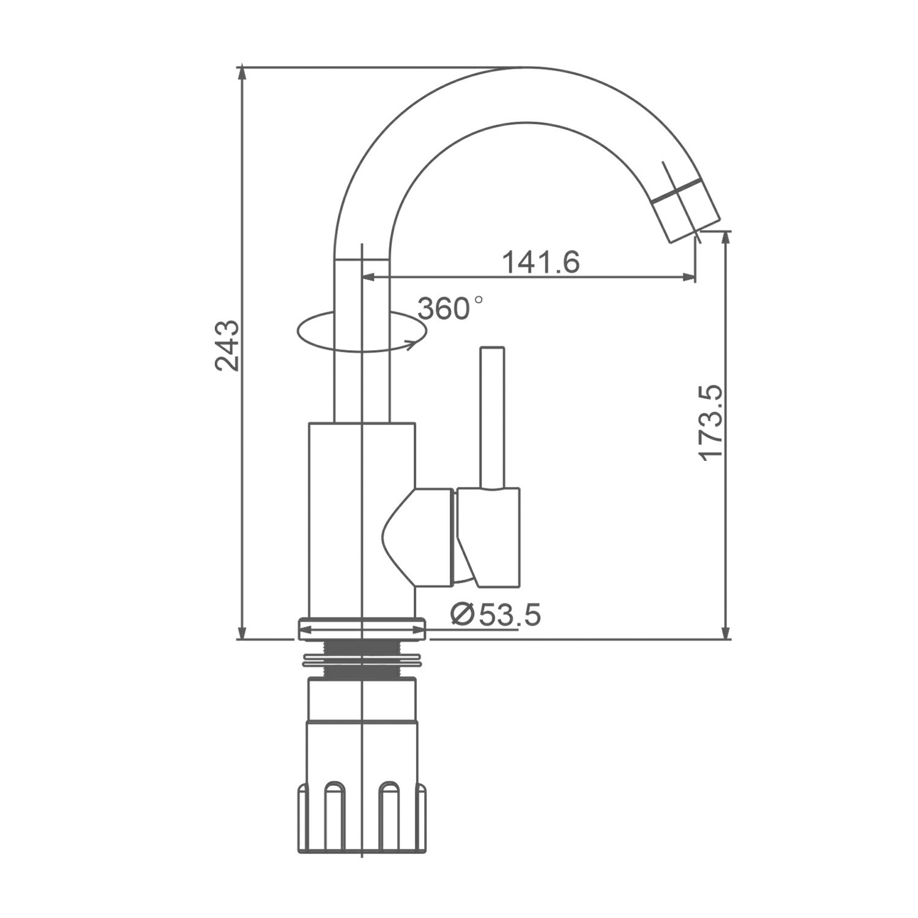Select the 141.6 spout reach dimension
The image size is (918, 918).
541,263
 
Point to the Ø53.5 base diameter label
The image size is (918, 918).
496,614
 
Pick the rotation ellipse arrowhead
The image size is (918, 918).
412,343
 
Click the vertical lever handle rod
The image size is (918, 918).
492,418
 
